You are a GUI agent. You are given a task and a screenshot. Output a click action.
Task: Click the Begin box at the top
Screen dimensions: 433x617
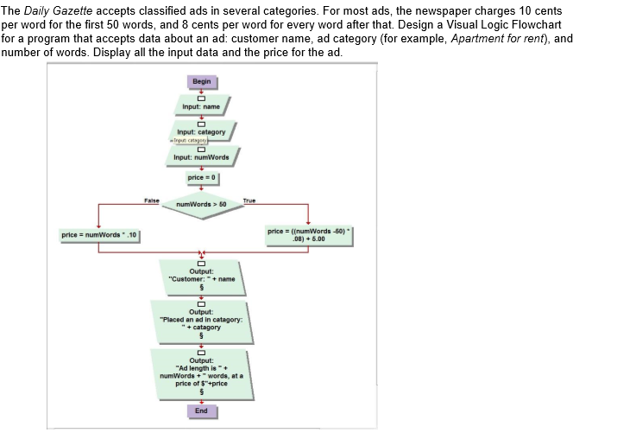(201, 82)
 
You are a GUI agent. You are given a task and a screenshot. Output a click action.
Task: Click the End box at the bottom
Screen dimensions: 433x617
(201, 411)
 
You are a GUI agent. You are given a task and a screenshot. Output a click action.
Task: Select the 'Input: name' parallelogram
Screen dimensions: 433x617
(201, 107)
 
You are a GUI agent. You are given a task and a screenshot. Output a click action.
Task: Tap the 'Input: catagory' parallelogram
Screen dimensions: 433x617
(201, 131)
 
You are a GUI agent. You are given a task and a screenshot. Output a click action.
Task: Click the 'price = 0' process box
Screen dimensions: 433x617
(201, 179)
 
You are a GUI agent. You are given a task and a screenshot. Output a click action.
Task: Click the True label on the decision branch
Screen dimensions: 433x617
(251, 199)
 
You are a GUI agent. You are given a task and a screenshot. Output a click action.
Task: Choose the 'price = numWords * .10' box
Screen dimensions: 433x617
(100, 235)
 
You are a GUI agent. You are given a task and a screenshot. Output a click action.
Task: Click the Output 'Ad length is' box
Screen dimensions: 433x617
(201, 373)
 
